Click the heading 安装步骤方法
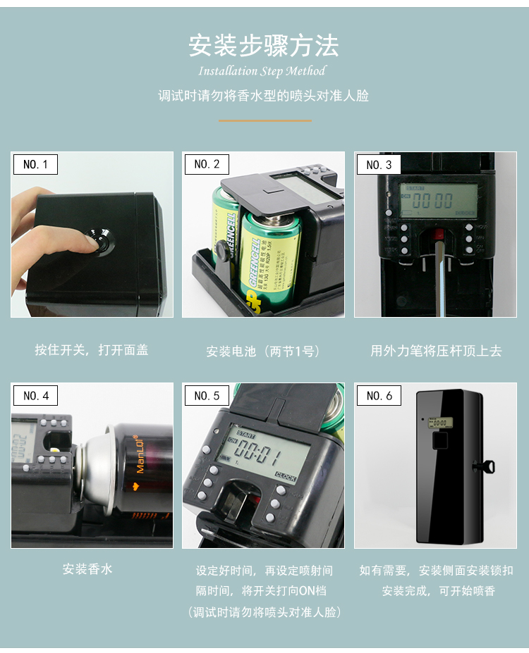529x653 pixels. coord(264,45)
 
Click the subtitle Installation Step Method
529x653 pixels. coord(262,71)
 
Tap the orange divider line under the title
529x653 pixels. coord(264,120)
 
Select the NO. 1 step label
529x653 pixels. coord(35,164)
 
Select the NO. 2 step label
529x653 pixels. coord(207,164)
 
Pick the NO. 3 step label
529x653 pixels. coord(379,165)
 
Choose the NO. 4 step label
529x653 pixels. coord(35,395)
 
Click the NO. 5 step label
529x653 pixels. coord(207,395)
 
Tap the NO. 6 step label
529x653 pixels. coord(379,395)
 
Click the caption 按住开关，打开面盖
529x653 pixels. coord(92,350)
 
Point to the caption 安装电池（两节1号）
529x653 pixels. coord(263,351)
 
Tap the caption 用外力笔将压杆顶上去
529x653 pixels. coord(436,351)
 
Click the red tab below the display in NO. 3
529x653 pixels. coord(438,234)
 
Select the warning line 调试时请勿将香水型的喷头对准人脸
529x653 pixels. coord(264,96)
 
